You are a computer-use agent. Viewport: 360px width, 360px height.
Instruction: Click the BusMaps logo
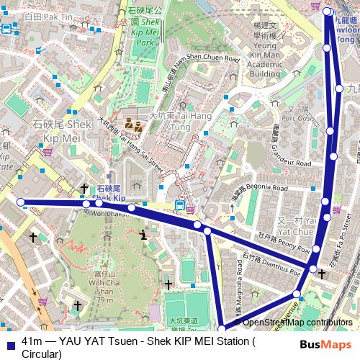326,345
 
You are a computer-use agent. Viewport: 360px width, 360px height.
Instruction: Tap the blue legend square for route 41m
9,341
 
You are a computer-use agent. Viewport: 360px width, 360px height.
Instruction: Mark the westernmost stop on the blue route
21,202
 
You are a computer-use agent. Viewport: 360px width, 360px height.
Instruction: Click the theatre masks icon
132,122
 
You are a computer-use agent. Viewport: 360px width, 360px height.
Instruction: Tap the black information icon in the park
144,234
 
